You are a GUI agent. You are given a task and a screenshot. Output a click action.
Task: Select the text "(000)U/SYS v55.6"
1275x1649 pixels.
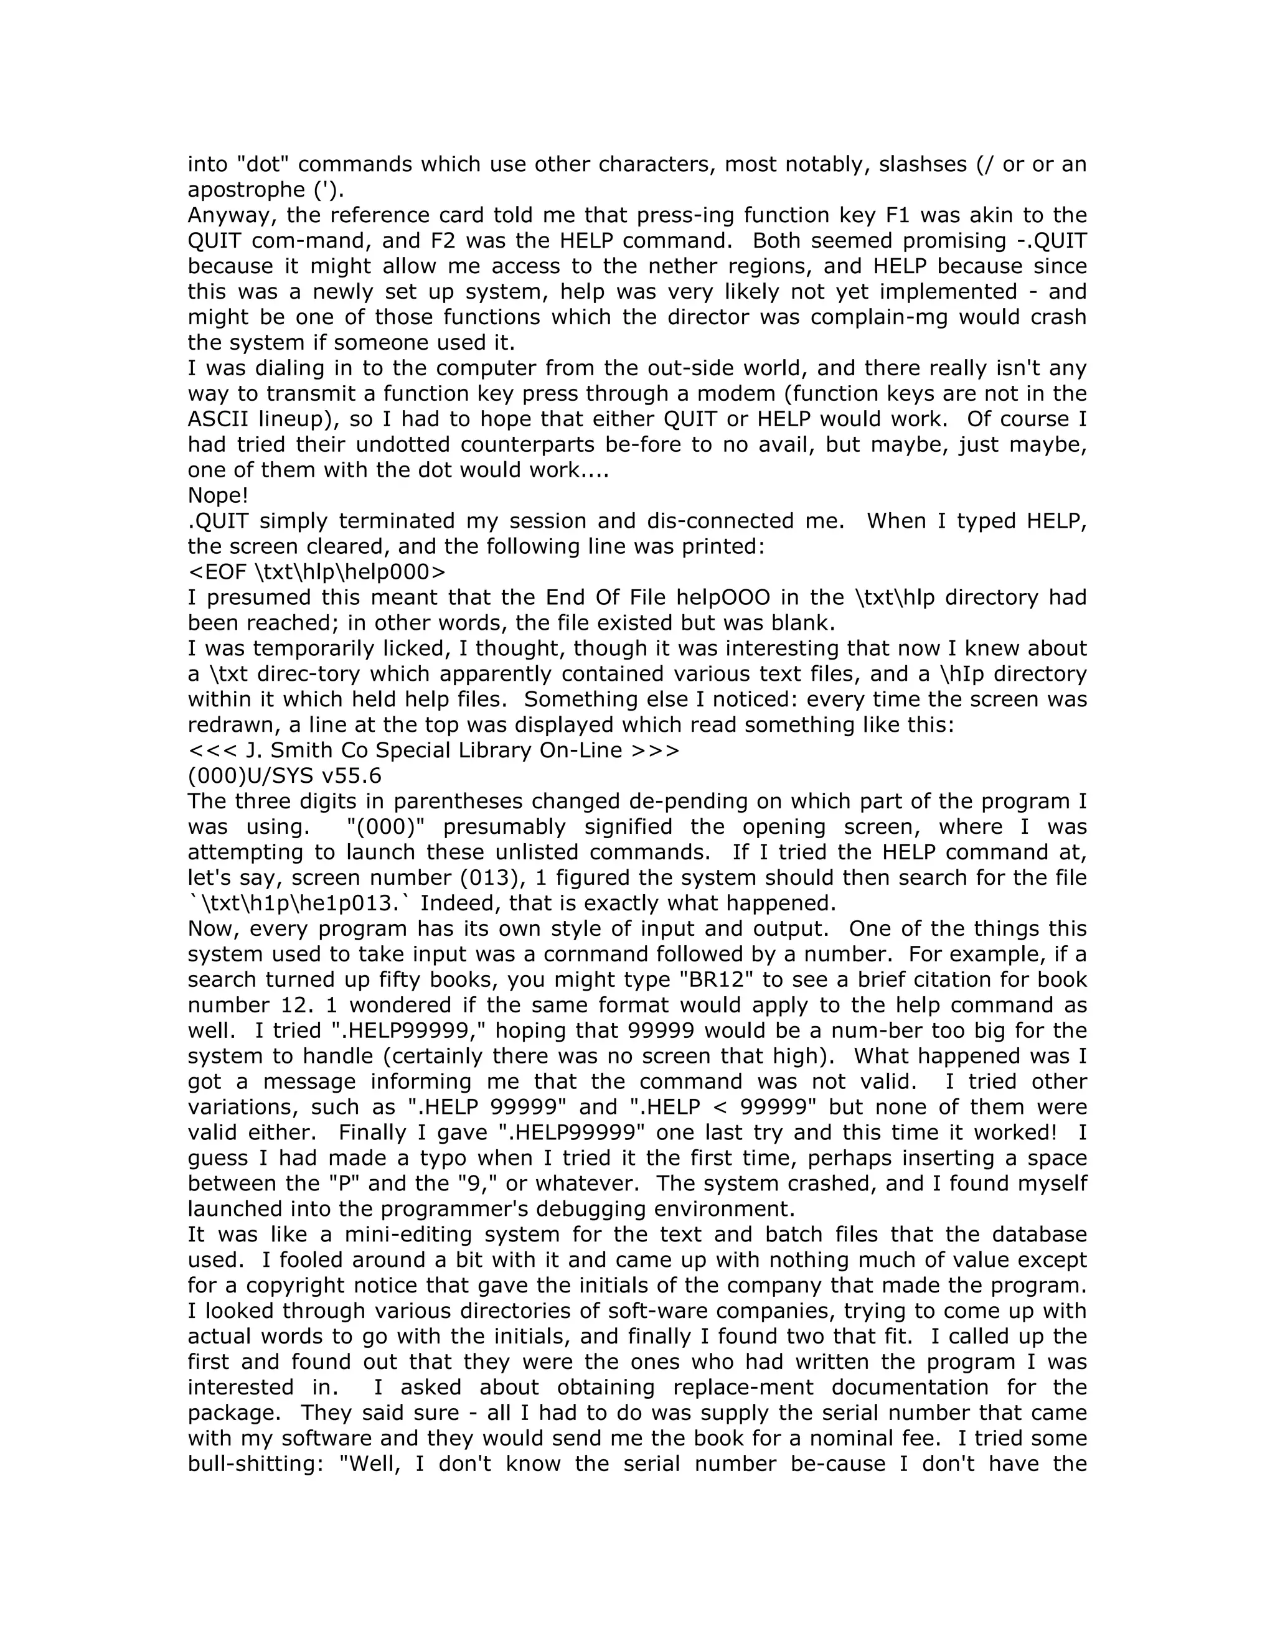click(285, 775)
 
